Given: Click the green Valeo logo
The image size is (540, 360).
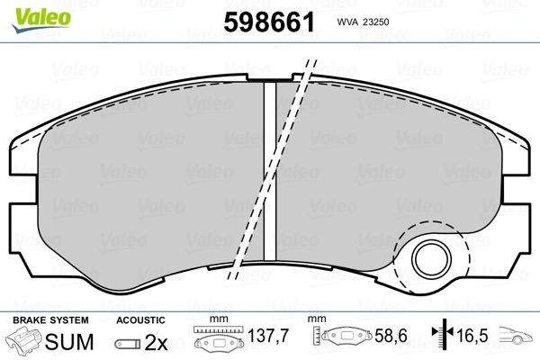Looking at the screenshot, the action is (x=41, y=20).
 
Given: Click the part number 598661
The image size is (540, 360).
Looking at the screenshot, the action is (x=269, y=22).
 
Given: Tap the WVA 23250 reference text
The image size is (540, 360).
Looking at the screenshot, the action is (x=363, y=22).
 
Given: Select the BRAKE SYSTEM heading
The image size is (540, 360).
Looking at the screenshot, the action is (x=50, y=320).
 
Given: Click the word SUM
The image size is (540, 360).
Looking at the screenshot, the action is (x=69, y=342).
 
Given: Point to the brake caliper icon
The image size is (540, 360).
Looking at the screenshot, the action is (x=24, y=340).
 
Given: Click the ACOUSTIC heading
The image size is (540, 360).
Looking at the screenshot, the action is (x=140, y=320).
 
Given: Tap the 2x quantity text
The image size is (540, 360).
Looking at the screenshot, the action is (x=156, y=342).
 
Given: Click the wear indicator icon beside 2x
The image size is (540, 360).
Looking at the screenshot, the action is (x=128, y=344).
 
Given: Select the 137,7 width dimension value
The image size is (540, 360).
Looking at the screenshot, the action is (x=268, y=336).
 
